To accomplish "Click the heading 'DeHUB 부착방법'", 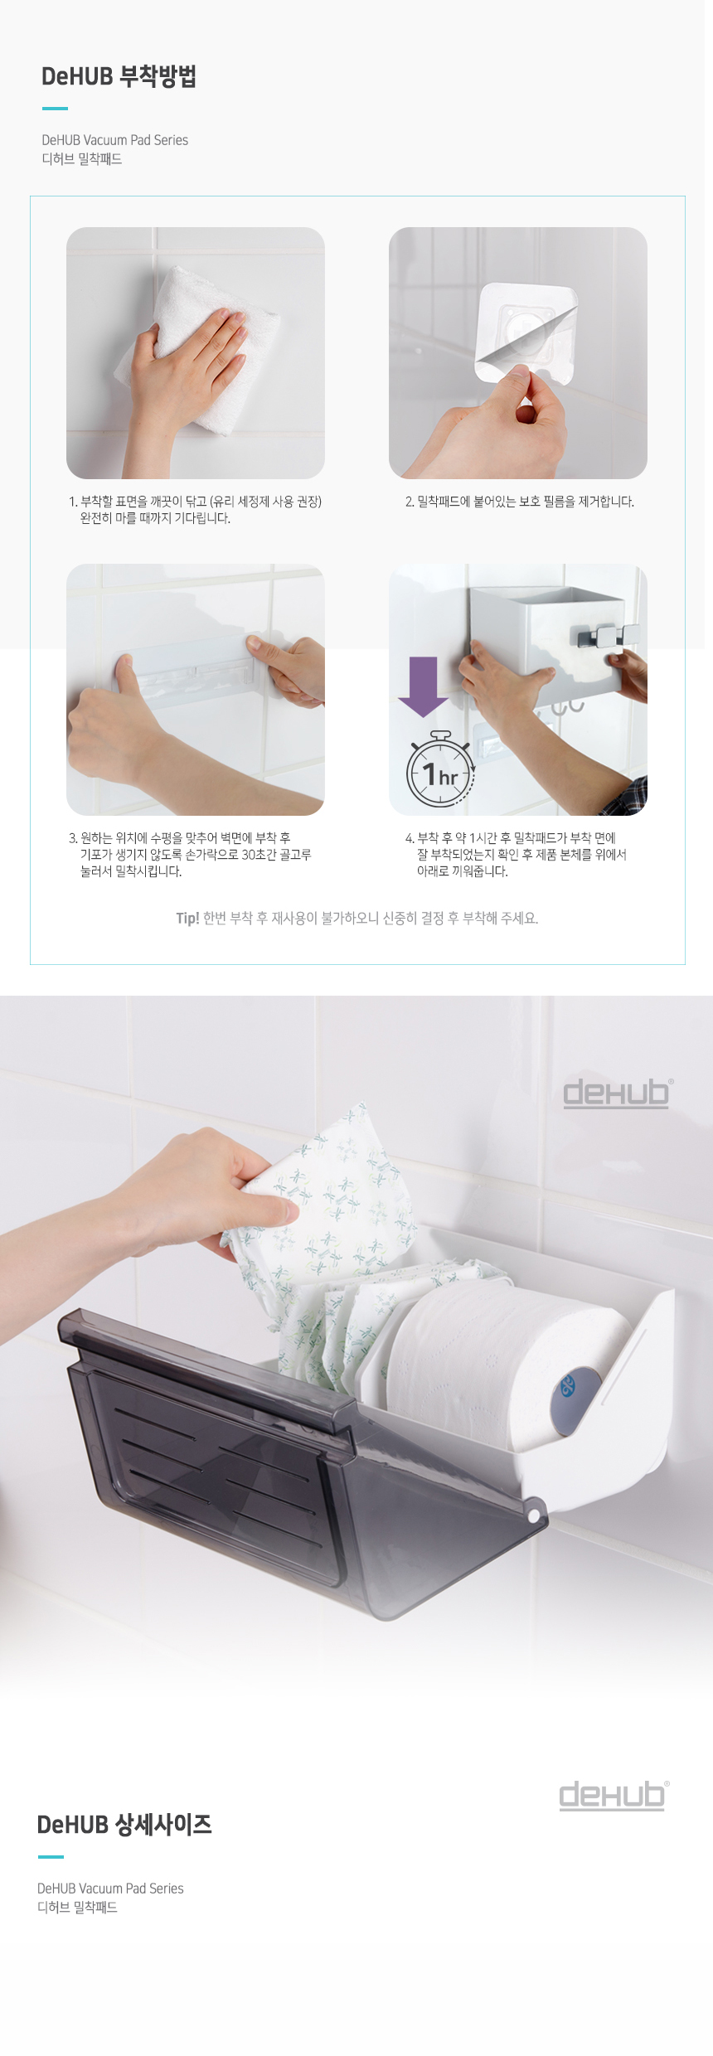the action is coord(119,76).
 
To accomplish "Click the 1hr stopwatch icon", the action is coord(440,769).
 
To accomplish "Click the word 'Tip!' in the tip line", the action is coord(187,918).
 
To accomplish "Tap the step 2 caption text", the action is coord(520,502).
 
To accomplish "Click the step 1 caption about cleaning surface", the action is coord(195,510).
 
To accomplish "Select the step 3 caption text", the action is coord(190,855).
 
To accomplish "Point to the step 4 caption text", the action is coord(516,855).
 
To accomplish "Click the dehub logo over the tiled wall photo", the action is coord(618,1093).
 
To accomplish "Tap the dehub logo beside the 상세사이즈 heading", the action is coord(614,1795).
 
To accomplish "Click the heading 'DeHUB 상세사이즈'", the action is coord(124,1825).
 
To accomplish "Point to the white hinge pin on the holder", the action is coord(533,1515).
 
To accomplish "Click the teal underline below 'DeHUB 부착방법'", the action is coord(55,108).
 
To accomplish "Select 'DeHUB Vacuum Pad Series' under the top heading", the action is coord(115,140).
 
